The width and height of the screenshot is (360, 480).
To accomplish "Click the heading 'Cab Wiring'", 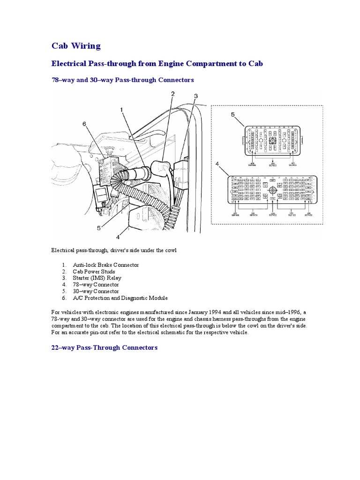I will coord(76,46).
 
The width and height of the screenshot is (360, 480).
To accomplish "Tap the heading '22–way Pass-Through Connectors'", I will coord(105,348).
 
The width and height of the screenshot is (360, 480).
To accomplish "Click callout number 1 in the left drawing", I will coord(121,110).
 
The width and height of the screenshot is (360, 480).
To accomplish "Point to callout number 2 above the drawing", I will coord(172,94).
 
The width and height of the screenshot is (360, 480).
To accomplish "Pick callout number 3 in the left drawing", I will coord(196,96).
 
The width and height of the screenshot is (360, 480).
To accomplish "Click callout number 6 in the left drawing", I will coord(84,124).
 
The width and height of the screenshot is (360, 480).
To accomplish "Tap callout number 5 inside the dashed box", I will coord(233,114).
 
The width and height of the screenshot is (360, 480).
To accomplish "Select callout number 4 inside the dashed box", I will coord(217,164).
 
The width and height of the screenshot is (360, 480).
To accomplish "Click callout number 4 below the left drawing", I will coord(118,237).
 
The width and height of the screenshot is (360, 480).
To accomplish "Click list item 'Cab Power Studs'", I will coord(94,271).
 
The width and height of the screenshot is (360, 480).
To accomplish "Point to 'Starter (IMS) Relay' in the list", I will coord(97,278).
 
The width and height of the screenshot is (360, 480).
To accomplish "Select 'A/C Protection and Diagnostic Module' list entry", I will coord(120,298).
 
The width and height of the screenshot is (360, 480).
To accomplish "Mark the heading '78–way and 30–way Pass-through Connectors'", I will coord(122,80).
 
